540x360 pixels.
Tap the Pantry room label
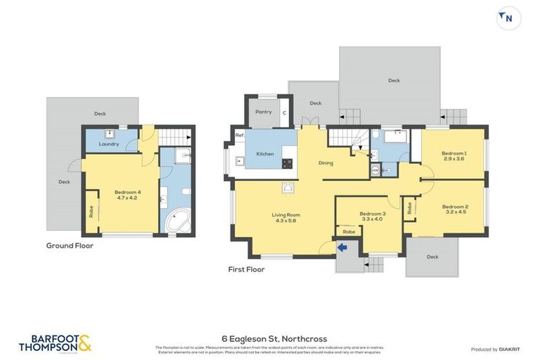263,112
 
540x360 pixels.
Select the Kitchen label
265,153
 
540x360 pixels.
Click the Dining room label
326,163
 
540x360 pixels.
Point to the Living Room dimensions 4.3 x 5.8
286,221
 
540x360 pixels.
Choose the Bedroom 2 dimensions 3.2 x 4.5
454,212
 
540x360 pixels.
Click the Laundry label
108,144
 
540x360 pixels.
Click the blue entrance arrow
343,247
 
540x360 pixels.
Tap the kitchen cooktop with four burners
287,163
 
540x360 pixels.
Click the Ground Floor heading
70,246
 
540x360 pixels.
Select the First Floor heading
246,269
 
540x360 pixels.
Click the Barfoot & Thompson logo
55,342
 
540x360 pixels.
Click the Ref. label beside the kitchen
239,135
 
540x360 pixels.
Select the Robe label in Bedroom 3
349,231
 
